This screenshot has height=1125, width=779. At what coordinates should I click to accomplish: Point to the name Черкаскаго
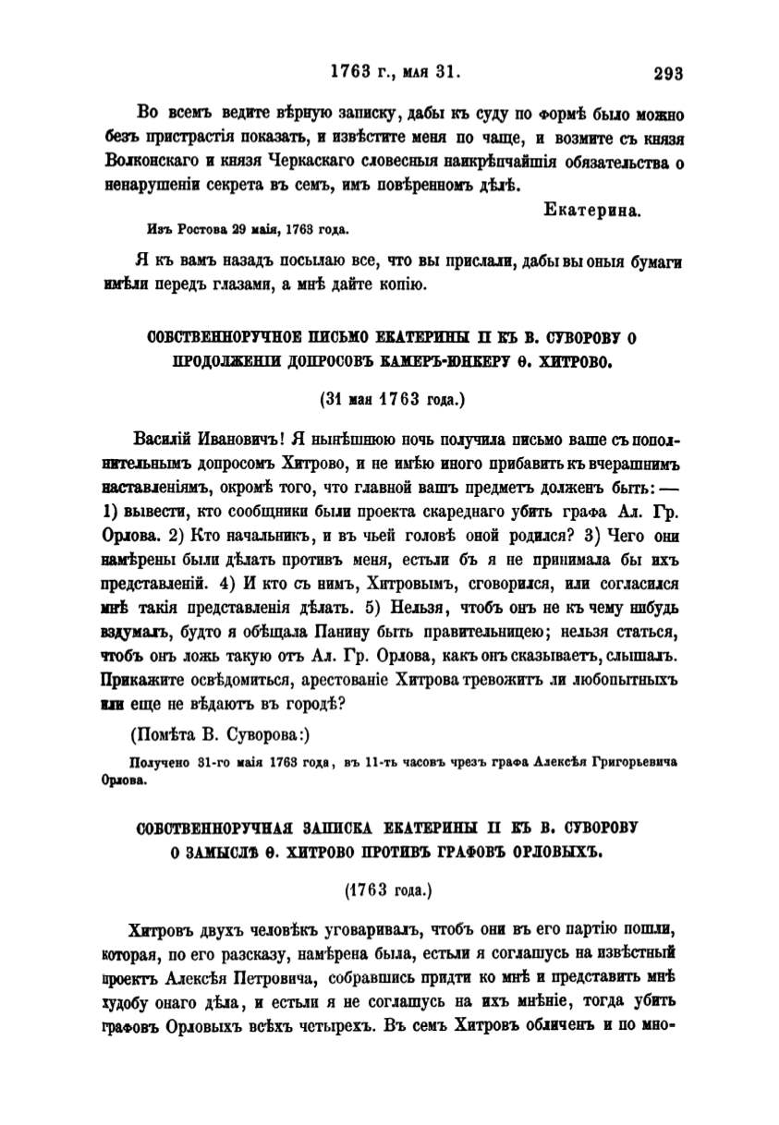(318, 161)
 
